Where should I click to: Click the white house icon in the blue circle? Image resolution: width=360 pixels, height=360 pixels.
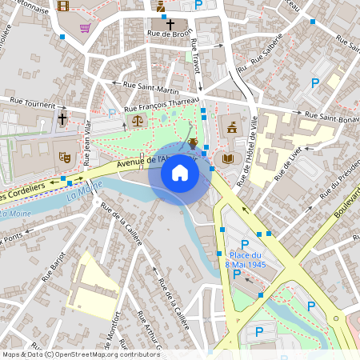pos(180,173)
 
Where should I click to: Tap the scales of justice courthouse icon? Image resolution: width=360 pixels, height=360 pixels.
pos(136,121)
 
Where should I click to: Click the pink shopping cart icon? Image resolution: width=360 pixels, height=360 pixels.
pos(85,28)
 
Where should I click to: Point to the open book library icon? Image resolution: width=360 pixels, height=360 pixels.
pos(228,158)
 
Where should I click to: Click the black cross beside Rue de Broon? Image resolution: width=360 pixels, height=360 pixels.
pos(170,24)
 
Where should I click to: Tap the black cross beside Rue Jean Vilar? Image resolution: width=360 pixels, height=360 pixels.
pos(62,119)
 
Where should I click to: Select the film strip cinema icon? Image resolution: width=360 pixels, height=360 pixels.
pos(63,6)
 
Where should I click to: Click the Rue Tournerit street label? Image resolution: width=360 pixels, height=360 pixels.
pos(33,103)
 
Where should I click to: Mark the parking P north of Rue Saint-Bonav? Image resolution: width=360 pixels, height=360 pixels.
pos(315,82)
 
